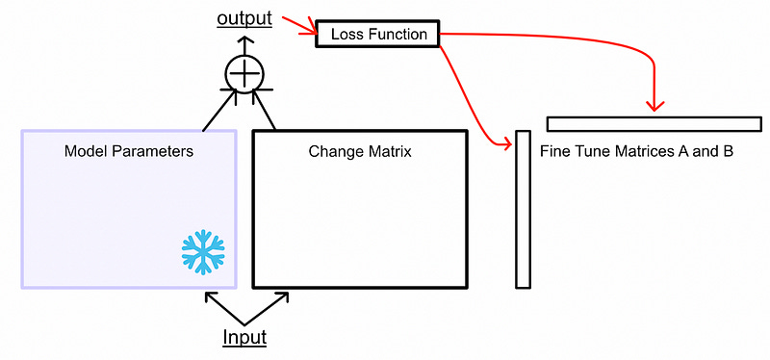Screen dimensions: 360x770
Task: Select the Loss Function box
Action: [377, 34]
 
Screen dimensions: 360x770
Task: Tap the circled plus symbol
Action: [244, 72]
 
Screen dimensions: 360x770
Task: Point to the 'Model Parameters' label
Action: [128, 152]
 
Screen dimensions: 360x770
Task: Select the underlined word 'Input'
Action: [244, 337]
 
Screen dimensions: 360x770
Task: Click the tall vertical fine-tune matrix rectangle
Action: [523, 209]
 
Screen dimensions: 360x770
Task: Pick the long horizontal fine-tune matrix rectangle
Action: [654, 123]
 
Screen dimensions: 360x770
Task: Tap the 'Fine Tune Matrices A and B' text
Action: [636, 152]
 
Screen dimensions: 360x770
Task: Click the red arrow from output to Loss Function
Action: [299, 26]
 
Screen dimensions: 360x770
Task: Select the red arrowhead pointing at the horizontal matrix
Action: [656, 103]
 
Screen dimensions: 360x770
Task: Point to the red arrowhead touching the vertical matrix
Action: [505, 144]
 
